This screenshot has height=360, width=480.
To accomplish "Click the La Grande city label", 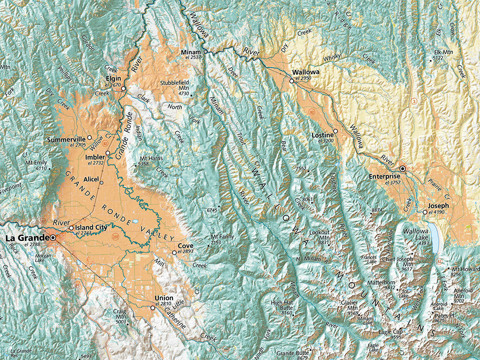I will (26, 238).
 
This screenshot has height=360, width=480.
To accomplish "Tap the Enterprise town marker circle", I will (402, 168).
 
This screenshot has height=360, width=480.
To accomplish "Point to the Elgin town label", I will (113, 79).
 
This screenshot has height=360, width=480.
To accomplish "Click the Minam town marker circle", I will (205, 51).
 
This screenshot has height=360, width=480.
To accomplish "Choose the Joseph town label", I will (438, 205).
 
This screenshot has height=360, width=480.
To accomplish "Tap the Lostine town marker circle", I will (335, 131).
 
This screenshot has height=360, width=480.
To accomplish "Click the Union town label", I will (164, 298).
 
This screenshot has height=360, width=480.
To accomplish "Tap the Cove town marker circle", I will (174, 253).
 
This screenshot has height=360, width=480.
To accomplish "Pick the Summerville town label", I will (66, 139).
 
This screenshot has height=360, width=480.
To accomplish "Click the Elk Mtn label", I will (443, 52).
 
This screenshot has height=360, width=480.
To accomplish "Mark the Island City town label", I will (92, 227).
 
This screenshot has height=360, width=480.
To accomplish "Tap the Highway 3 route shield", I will (414, 101).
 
